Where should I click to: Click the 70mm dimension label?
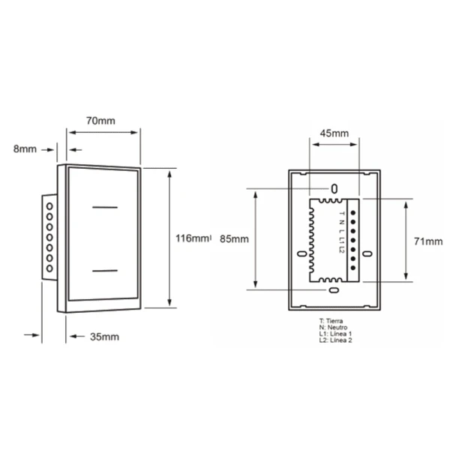pos(100,121)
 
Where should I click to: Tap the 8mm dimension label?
pos(25,149)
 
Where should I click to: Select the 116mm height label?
pos(192,238)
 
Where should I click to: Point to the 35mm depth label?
pos(104,337)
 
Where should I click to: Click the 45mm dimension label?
pos(334,133)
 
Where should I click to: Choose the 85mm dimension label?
pos(234,239)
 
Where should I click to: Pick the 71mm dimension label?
pos(428,241)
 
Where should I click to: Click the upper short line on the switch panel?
pos(105,207)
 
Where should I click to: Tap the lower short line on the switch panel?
pos(105,271)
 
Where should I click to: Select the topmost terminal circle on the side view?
pos(49,206)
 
